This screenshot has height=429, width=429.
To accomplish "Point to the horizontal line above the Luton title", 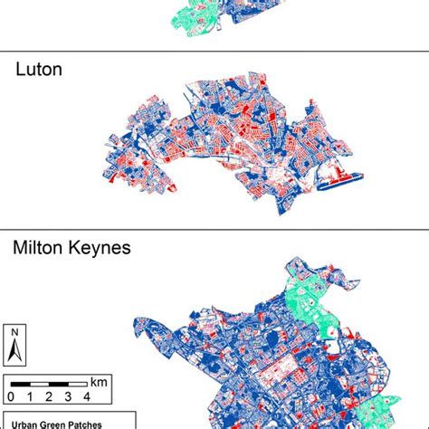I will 214,52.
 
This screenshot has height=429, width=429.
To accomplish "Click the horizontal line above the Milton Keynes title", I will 214,228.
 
